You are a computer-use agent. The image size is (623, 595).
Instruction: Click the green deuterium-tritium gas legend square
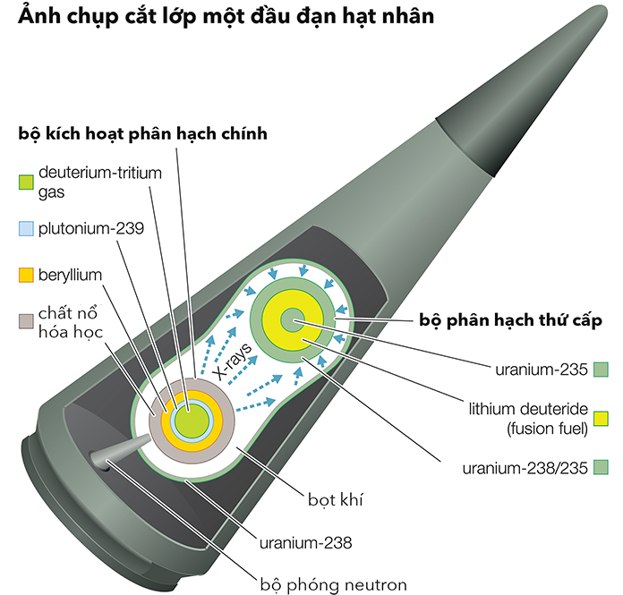[x=26, y=183]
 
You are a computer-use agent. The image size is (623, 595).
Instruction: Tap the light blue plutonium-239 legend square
[x=26, y=229]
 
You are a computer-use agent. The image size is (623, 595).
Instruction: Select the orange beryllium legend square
[x=26, y=276]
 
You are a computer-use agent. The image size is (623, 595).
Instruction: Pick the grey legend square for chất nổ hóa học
[x=26, y=321]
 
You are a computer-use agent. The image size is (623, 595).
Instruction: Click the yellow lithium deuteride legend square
[x=601, y=419]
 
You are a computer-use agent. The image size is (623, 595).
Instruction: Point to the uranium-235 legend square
[x=601, y=370]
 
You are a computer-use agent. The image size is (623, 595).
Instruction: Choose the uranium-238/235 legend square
[x=601, y=467]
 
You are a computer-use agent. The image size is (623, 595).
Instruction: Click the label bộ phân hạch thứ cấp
[x=510, y=320]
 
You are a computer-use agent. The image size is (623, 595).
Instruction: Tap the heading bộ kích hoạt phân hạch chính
[x=142, y=133]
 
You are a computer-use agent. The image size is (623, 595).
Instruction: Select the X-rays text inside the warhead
[x=232, y=361]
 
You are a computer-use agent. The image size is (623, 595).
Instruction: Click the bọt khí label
[x=336, y=499]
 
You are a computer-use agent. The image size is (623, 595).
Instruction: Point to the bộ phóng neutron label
[x=333, y=584]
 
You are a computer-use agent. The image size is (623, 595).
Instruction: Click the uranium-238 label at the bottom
[x=305, y=542]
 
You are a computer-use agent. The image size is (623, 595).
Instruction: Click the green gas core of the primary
[x=192, y=421]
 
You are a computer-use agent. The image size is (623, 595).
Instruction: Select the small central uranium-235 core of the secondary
[x=292, y=320]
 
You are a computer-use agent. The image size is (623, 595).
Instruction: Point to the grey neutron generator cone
[x=119, y=451]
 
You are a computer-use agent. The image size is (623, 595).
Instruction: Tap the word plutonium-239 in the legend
[x=91, y=229]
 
